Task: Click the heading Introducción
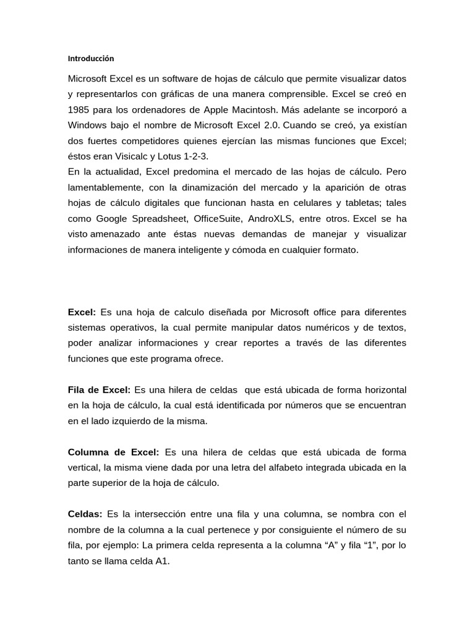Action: [91, 59]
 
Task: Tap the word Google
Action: [110, 219]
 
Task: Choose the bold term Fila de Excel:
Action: [99, 391]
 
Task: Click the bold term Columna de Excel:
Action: [113, 452]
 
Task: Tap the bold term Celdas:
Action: [85, 514]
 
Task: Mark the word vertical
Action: [83, 468]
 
